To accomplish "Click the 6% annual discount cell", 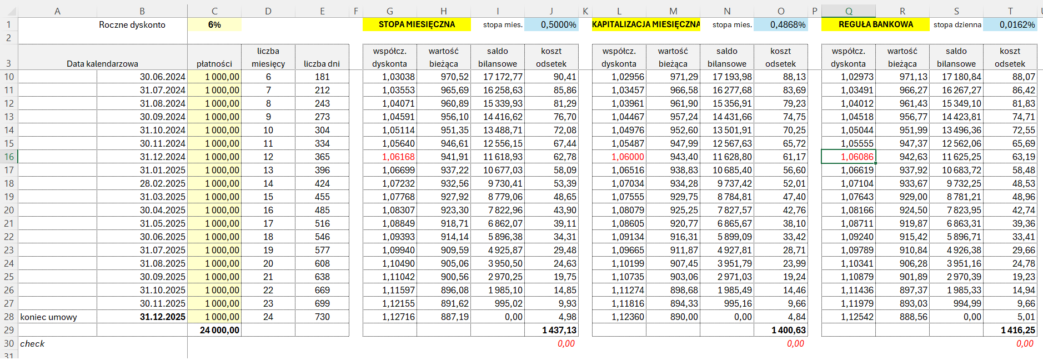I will coord(214,24).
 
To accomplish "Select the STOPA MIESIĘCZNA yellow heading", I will coord(417,24).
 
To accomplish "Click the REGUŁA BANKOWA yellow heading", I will coord(875,24).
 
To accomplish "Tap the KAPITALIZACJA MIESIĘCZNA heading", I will coord(646,24).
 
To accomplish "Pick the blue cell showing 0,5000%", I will coord(551,24).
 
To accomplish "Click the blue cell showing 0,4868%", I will coord(781,24).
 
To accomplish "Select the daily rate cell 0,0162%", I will coord(1010,24).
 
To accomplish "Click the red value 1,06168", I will coord(398,157).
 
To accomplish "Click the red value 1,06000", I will coord(628,157).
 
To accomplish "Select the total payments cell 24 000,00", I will coord(219,330).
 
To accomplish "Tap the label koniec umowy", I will coord(48,317).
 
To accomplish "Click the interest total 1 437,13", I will coord(559,330).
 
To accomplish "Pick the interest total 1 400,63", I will coord(789,330).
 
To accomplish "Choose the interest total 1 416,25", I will coord(1018,330).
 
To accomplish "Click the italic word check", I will coord(32,343).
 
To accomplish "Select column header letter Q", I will coord(849,11).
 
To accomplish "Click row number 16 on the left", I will coord(9,157).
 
